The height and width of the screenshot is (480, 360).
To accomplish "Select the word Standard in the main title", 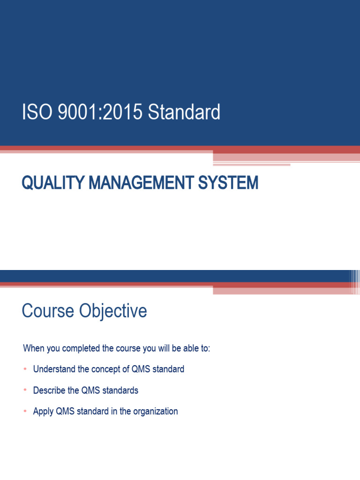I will click(184, 112).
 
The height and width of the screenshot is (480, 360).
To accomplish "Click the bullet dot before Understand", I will click(25, 369).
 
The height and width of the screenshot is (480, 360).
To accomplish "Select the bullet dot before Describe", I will click(25, 390).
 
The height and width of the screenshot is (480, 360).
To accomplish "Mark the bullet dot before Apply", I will click(25, 412).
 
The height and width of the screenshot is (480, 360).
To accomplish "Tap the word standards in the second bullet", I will click(121, 390).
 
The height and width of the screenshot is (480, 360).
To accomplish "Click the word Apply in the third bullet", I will click(43, 412).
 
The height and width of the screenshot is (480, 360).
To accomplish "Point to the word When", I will click(33, 348).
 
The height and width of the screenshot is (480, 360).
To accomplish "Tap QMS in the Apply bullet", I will click(65, 412).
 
